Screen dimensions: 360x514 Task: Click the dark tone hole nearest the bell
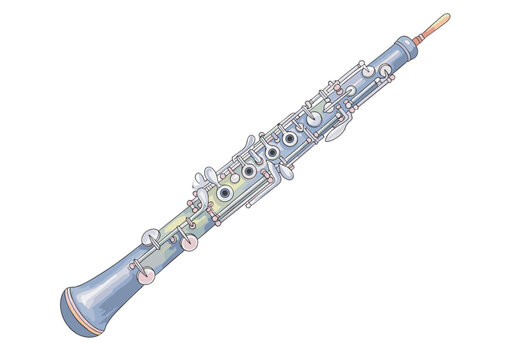coord(227,192)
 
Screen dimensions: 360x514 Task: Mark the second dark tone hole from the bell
coord(249,172)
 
